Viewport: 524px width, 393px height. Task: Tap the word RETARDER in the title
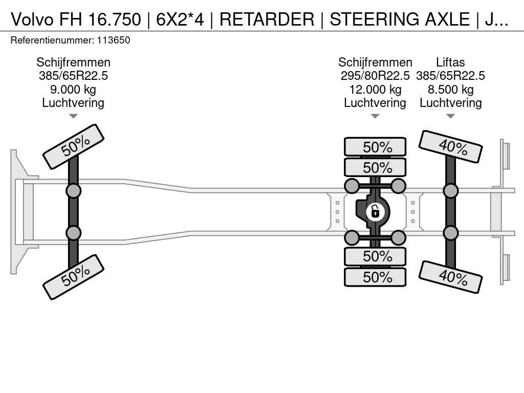[x=267, y=19]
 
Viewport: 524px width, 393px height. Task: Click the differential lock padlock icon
[x=375, y=211]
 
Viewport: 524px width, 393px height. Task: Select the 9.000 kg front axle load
[x=73, y=90]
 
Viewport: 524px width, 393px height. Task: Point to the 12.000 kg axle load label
[x=375, y=90]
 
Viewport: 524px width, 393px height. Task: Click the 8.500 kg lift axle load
[x=450, y=90]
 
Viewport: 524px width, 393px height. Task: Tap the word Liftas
[x=450, y=62]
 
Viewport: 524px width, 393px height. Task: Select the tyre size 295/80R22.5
[x=375, y=76]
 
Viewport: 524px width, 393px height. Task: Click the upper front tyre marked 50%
[x=74, y=146]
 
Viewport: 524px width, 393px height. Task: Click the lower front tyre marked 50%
[x=74, y=277]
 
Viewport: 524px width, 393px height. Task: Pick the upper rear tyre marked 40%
[x=451, y=146]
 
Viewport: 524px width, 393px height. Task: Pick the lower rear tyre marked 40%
[x=451, y=277]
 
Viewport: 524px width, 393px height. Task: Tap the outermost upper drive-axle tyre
[x=375, y=147]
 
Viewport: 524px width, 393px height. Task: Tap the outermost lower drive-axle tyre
[x=375, y=277]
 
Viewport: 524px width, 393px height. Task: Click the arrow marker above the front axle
[x=73, y=116]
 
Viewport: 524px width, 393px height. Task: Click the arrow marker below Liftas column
[x=450, y=116]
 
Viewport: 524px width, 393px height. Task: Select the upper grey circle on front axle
[x=73, y=191]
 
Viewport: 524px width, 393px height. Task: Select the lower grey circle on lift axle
[x=450, y=233]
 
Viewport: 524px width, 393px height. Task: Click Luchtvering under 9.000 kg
[x=73, y=103]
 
